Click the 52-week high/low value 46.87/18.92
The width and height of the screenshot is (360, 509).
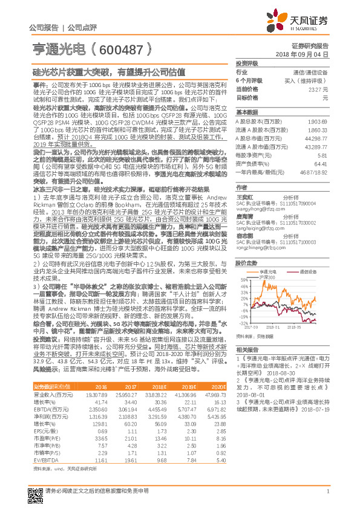point(314,172)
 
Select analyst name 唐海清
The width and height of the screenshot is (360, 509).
point(244,216)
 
